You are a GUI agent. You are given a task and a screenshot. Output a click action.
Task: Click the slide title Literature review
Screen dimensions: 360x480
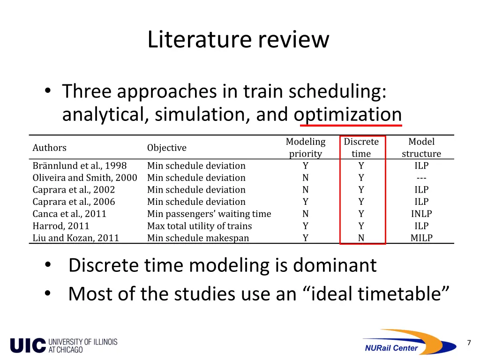(x=238, y=39)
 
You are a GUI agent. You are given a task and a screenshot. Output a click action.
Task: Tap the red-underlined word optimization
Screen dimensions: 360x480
(x=348, y=114)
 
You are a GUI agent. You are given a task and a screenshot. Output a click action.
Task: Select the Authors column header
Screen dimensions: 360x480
(x=49, y=148)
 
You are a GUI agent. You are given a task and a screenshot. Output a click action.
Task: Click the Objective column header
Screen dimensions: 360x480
(x=166, y=148)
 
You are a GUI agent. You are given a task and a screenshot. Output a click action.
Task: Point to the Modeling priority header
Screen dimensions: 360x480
(x=306, y=148)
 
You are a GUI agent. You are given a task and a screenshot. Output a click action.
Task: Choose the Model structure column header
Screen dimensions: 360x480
(x=421, y=148)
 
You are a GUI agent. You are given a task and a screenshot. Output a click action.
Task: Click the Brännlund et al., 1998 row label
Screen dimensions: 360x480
(x=79, y=165)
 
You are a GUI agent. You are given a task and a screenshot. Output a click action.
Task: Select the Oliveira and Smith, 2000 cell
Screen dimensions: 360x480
(x=85, y=178)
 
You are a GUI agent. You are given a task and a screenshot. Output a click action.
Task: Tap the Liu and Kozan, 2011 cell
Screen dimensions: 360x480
(x=75, y=238)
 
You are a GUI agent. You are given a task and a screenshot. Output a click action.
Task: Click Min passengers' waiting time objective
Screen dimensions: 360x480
(x=209, y=214)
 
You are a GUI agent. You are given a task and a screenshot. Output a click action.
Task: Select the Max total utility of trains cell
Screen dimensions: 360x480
(x=199, y=226)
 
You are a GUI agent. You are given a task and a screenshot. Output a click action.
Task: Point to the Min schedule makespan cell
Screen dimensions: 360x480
(x=198, y=238)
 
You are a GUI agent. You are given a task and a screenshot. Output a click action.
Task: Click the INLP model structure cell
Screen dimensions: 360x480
(x=421, y=214)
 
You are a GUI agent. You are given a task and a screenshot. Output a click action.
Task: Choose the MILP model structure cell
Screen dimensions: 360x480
(x=421, y=238)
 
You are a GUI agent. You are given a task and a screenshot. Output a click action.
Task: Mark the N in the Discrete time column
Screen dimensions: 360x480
(x=361, y=238)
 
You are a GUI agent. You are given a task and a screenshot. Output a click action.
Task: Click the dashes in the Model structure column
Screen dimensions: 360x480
(x=421, y=178)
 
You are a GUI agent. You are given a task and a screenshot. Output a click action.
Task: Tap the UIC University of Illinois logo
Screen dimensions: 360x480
(x=64, y=345)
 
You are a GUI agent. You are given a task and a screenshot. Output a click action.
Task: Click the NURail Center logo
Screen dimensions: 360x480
(x=409, y=342)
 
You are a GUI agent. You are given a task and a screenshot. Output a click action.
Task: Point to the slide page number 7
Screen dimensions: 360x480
(x=469, y=343)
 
